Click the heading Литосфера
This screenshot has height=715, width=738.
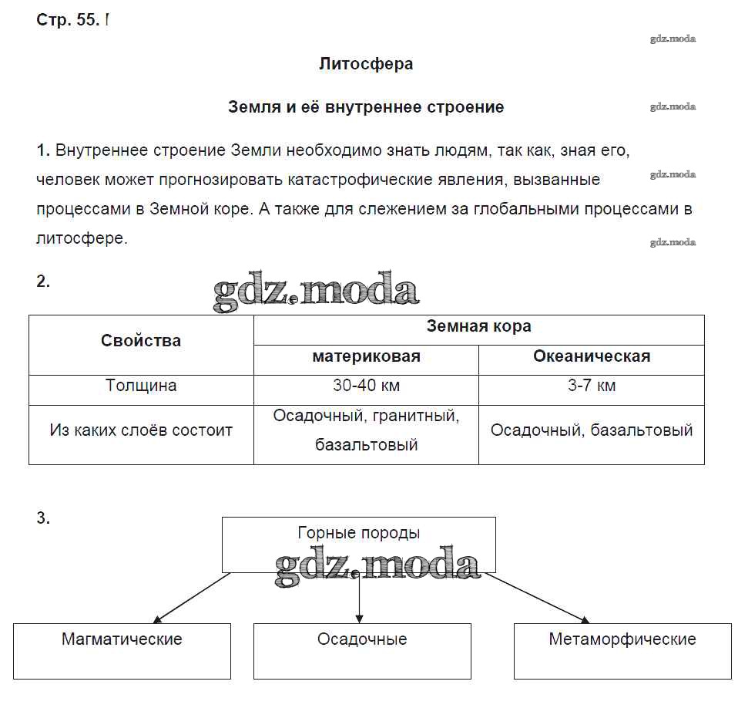(x=366, y=64)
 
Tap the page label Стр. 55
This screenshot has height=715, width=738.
(x=68, y=21)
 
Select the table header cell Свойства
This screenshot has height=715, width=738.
(x=141, y=341)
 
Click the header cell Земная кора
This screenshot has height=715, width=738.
(x=478, y=326)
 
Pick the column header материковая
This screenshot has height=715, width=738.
(x=366, y=356)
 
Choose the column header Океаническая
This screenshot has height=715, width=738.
(x=592, y=356)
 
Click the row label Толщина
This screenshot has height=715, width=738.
(x=141, y=386)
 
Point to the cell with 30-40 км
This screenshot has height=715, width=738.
(x=366, y=386)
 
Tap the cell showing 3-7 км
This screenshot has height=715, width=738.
(x=592, y=386)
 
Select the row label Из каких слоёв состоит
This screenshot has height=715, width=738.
(x=141, y=430)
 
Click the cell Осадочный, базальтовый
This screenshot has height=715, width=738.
(x=592, y=430)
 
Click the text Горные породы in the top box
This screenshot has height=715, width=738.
(x=359, y=533)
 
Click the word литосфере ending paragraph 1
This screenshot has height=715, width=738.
(x=81, y=238)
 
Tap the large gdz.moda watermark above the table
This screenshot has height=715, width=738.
(x=316, y=292)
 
